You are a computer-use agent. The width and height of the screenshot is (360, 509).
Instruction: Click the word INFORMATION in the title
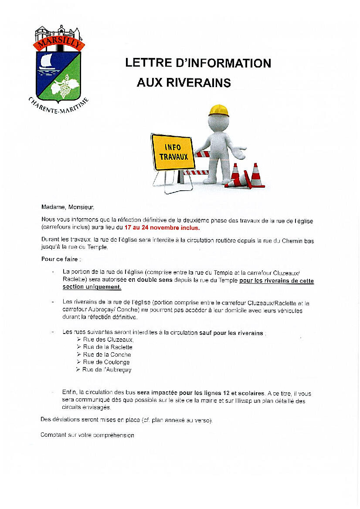(x=225, y=63)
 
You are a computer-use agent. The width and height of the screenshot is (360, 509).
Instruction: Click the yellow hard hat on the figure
(x=219, y=111)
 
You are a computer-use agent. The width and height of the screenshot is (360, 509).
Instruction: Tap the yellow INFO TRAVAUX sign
(x=173, y=152)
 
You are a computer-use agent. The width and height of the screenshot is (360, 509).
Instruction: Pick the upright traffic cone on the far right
(x=256, y=175)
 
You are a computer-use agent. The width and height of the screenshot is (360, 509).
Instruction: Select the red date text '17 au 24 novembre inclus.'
(x=162, y=227)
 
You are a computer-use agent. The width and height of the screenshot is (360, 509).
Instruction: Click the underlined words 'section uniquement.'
(x=92, y=287)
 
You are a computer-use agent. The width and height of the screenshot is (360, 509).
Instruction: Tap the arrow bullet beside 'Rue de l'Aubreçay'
(x=78, y=369)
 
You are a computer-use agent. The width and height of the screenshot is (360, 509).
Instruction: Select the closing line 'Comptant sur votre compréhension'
(x=87, y=435)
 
